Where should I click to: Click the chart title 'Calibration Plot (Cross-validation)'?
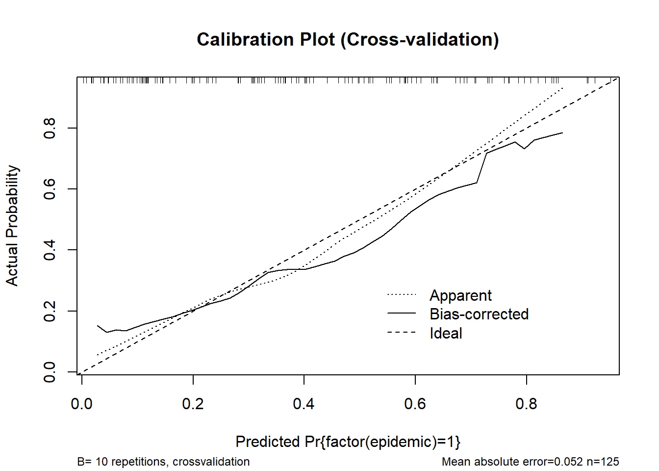tap(348, 40)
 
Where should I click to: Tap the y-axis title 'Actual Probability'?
tap(12, 226)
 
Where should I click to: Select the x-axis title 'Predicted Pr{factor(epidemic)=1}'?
tap(348, 442)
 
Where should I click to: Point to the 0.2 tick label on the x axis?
tap(193, 404)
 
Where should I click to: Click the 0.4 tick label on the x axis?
tap(304, 404)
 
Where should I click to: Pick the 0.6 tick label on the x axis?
tap(415, 404)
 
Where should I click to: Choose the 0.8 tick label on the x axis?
tap(526, 404)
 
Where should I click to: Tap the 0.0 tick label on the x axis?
tap(82, 404)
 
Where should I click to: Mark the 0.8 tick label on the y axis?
tap(50, 128)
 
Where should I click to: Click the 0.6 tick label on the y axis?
tap(50, 189)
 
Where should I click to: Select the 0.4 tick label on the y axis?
tap(50, 250)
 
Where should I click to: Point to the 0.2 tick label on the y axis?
tap(50, 311)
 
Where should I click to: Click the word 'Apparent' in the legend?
tap(460, 295)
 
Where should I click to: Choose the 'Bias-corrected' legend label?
tap(479, 314)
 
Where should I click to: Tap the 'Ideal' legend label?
tap(446, 333)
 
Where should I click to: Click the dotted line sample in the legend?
tap(401, 294)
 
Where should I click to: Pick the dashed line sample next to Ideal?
tap(401, 333)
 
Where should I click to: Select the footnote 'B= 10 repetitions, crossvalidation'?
tap(163, 462)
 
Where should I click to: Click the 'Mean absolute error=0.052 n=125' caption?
tap(530, 462)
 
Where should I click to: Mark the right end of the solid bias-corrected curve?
tap(562, 133)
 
